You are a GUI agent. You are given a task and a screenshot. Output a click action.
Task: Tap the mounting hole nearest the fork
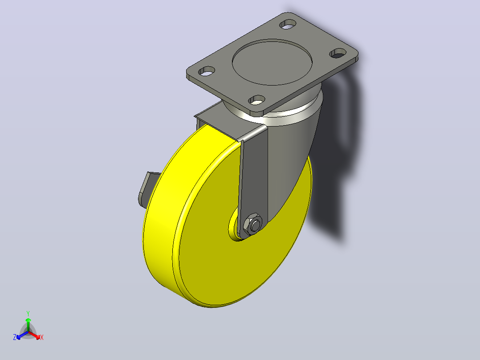coord(257,100)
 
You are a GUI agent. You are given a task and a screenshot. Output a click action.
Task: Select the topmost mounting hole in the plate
coord(288,24)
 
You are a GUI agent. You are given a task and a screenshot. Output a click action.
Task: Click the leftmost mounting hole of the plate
coord(207,71)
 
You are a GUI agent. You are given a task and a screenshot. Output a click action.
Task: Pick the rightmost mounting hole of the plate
coord(338,53)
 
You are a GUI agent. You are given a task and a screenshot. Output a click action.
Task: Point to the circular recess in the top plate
coord(272,62)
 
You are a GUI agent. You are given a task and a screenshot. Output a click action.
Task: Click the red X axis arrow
coord(34,335)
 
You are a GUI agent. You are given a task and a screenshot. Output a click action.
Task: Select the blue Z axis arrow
coord(22,335)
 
